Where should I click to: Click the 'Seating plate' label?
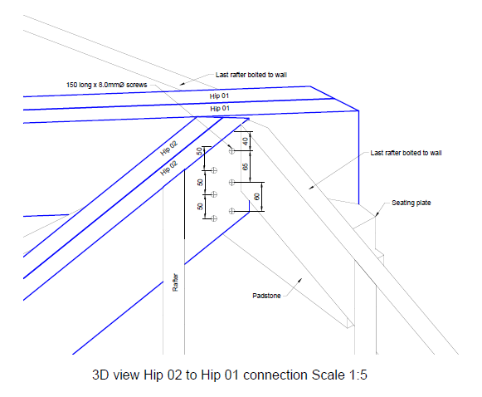point(411,203)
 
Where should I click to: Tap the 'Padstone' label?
point(266,296)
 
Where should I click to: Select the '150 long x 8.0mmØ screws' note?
point(107,85)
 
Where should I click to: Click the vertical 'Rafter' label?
point(175,282)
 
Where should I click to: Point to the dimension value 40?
point(245,141)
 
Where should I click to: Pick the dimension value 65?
point(245,167)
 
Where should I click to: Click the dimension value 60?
point(257,197)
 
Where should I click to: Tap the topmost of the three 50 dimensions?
point(200,151)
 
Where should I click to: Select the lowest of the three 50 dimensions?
point(200,207)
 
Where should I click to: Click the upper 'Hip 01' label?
point(219,96)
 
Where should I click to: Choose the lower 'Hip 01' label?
point(220,108)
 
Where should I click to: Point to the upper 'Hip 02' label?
point(168,148)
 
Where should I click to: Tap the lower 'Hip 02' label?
point(168,168)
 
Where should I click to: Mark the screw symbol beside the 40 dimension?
point(231,151)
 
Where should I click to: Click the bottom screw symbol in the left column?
point(214,218)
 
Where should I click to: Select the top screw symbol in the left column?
point(214,170)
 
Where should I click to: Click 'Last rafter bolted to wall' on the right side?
point(406,153)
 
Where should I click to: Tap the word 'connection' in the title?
point(275,375)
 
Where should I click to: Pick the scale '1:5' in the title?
point(358,375)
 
